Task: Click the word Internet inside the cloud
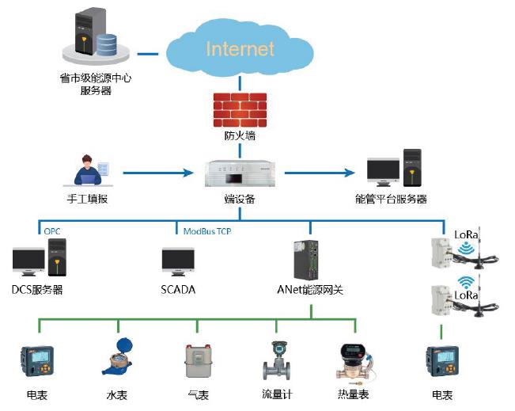pos(240,48)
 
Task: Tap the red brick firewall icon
pos(240,110)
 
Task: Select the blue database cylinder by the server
pos(107,44)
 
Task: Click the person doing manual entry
pos(88,170)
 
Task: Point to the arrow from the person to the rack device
pos(158,173)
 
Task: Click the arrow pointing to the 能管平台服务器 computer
pos(320,173)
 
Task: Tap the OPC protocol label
pos(52,231)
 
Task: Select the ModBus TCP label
pos(207,231)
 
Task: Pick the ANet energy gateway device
pos(306,260)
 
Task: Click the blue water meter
pos(117,356)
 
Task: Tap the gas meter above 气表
pos(198,361)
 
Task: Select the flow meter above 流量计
pos(277,360)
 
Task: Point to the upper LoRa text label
pos(466,234)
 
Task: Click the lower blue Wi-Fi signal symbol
pos(467,283)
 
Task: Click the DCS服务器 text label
pos(37,290)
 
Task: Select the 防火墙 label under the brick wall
pos(240,135)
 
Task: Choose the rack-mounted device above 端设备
pos(240,173)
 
